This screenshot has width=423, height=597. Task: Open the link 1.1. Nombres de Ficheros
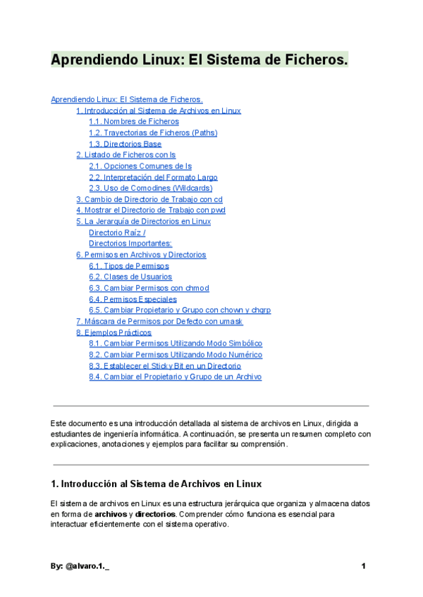tap(134, 122)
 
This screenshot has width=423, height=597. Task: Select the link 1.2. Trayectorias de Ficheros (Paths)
tap(153, 132)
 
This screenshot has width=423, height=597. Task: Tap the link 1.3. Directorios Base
tap(125, 144)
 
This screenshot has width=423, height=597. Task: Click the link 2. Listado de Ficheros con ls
tap(125, 155)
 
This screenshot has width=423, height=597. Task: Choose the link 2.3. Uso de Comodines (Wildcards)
tap(150, 188)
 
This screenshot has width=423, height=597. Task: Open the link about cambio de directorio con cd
tap(149, 199)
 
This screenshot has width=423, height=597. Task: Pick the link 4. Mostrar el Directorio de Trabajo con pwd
tap(150, 210)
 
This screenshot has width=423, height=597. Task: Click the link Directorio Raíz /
tap(117, 232)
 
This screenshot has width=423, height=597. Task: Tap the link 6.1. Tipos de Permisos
tap(129, 266)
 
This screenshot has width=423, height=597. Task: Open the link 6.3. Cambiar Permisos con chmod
tap(149, 288)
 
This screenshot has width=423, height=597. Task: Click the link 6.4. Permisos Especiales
tap(133, 299)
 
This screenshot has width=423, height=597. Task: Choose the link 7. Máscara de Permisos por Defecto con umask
tap(159, 321)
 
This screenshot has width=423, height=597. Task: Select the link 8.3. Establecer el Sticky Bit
tap(165, 366)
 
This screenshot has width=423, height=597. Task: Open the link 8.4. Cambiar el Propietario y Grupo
tap(175, 377)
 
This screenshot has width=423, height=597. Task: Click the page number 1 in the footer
tap(363, 566)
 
